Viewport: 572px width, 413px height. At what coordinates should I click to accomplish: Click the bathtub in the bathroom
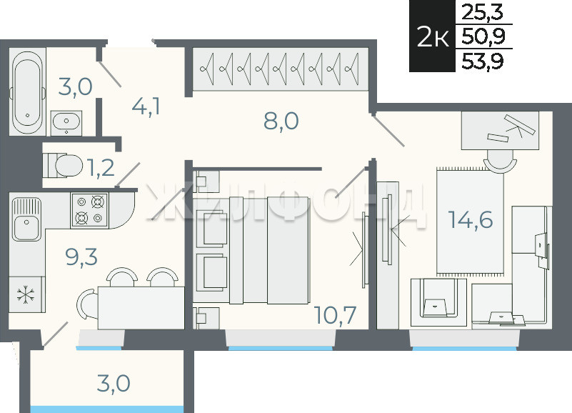27,92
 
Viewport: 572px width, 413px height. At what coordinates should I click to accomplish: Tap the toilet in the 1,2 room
63,166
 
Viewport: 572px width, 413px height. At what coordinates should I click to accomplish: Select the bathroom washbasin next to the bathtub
66,123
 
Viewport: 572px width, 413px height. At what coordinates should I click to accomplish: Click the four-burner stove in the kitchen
89,211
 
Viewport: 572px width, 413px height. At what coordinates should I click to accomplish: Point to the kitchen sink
26,219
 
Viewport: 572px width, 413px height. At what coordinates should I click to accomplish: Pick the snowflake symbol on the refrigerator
26,294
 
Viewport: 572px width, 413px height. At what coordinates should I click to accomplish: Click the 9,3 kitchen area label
81,257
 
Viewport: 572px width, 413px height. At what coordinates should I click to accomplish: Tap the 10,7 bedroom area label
335,315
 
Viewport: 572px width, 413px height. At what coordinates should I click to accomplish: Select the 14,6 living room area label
471,219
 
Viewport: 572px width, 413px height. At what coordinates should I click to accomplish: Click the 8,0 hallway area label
281,121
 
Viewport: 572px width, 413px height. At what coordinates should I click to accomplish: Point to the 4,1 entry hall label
146,106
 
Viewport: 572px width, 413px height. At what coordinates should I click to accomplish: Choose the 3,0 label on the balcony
114,384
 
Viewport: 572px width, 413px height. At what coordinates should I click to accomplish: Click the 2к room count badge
432,36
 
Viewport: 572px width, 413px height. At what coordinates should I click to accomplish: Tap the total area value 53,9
482,60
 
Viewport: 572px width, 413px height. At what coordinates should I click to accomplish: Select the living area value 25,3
482,12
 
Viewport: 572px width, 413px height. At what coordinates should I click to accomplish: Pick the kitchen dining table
141,308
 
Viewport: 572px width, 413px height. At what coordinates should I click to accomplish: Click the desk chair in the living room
500,162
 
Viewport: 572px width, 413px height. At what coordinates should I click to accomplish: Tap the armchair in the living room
438,302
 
